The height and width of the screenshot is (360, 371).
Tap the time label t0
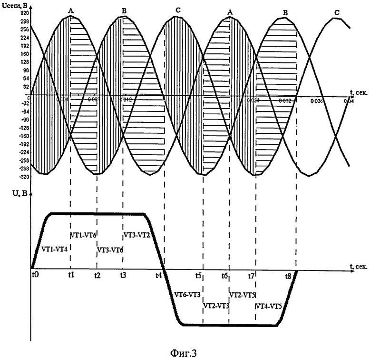click(x=36, y=275)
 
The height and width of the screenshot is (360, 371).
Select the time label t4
click(x=158, y=275)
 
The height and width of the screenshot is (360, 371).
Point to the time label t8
click(x=288, y=276)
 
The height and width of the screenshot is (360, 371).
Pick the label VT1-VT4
click(x=54, y=249)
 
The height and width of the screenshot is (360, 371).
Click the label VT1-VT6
click(x=84, y=235)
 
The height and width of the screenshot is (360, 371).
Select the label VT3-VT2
click(x=137, y=235)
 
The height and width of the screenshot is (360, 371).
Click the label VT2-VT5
click(x=243, y=293)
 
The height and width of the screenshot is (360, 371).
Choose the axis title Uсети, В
click(x=15, y=5)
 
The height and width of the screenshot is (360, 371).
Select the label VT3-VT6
click(x=110, y=250)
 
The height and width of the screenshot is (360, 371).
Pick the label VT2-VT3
click(x=216, y=306)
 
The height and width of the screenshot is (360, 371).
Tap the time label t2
click(x=97, y=276)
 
